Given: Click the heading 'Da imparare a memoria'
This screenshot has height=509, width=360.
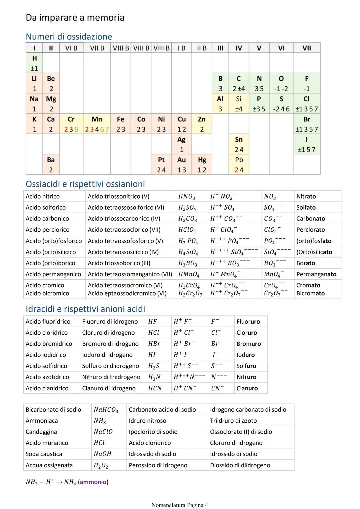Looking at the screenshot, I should tap(75, 18).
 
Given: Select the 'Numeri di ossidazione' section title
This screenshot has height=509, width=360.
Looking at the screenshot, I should tap(69, 37).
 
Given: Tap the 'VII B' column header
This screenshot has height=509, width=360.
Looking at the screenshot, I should tap(97, 48).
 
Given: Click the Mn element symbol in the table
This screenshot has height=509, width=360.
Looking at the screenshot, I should tap(97, 119).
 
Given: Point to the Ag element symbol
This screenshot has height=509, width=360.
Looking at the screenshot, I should tap(181, 140).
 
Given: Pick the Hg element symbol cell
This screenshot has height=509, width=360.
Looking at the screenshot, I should tap(202, 160).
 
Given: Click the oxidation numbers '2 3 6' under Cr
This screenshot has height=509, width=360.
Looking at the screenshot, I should tap(71, 129).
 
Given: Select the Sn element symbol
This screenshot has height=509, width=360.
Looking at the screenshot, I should tap(239, 140).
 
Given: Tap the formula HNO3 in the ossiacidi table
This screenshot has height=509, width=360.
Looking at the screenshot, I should tap(187, 197).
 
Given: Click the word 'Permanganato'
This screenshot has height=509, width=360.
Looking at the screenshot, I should tap(316, 274).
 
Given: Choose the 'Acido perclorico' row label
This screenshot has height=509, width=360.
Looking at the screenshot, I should tap(48, 230).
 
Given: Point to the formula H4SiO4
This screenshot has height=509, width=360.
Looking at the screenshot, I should tap(188, 252).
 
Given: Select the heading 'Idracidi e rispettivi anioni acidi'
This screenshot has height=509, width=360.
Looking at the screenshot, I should tap(85, 309).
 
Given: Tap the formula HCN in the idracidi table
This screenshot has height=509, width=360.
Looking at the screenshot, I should tap(155, 388).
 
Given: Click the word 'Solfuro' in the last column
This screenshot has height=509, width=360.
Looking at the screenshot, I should tap(246, 366).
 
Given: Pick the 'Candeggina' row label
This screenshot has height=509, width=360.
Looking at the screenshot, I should tap(41, 432).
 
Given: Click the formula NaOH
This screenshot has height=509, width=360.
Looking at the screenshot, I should tap(102, 454).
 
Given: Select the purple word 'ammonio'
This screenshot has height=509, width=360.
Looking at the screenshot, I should tap(93, 482).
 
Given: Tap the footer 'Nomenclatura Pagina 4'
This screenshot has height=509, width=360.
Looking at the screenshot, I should tap(179, 505).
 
